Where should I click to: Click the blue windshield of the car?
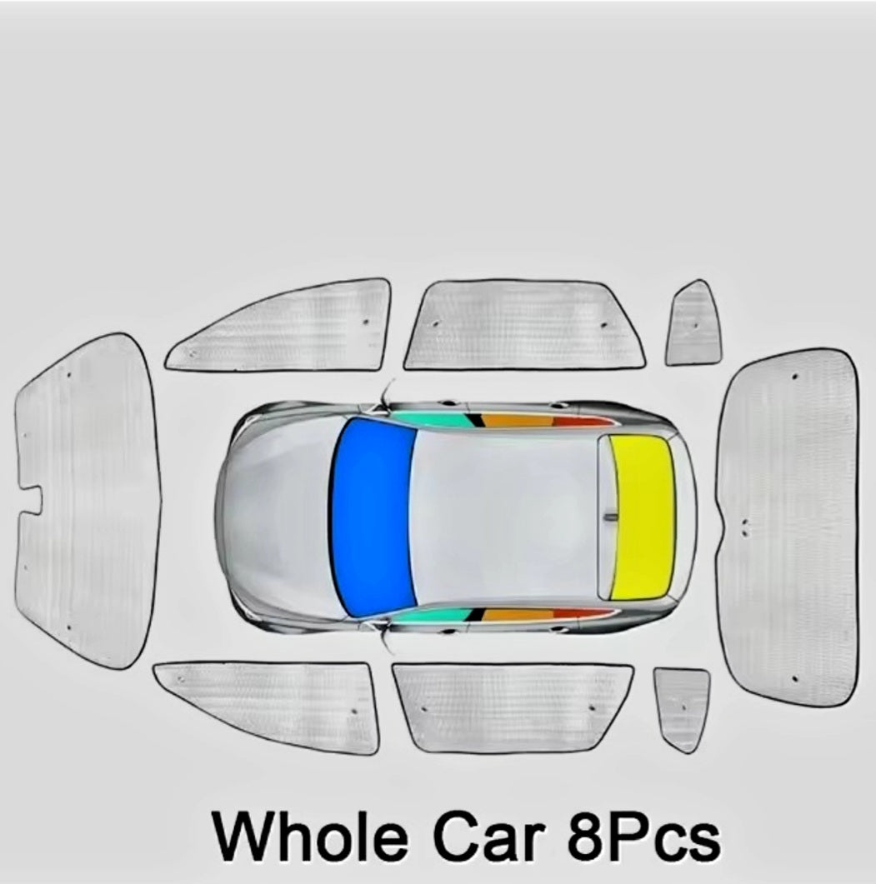pyautogui.click(x=373, y=514)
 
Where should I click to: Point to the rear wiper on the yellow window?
pyautogui.click(x=610, y=517)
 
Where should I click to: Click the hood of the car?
pyautogui.click(x=277, y=516)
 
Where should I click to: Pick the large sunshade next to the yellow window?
pyautogui.click(x=788, y=527)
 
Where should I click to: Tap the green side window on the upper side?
pyautogui.click(x=432, y=418)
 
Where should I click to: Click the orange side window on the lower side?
pyautogui.click(x=518, y=614)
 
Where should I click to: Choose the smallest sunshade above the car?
pyautogui.click(x=693, y=323)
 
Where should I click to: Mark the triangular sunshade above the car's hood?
pyautogui.click(x=282, y=326)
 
